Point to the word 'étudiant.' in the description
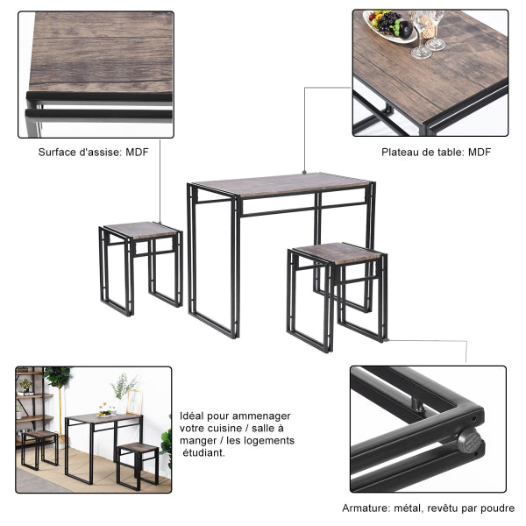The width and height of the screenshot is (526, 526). pos(203,453)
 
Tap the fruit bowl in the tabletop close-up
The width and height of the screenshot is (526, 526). pos(390,26)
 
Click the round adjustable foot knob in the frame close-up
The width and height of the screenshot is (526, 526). pos(469,440)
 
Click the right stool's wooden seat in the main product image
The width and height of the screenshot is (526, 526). pos(338,252)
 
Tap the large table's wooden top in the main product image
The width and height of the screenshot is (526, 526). pos(281,184)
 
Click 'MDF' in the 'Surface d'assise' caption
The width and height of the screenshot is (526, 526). pos(137,152)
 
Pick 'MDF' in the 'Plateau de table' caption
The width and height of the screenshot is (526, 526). pos(480,152)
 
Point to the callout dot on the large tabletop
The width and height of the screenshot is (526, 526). pos(304,173)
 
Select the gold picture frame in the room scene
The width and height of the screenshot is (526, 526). pos(134,402)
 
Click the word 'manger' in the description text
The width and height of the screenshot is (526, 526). pos(198,441)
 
